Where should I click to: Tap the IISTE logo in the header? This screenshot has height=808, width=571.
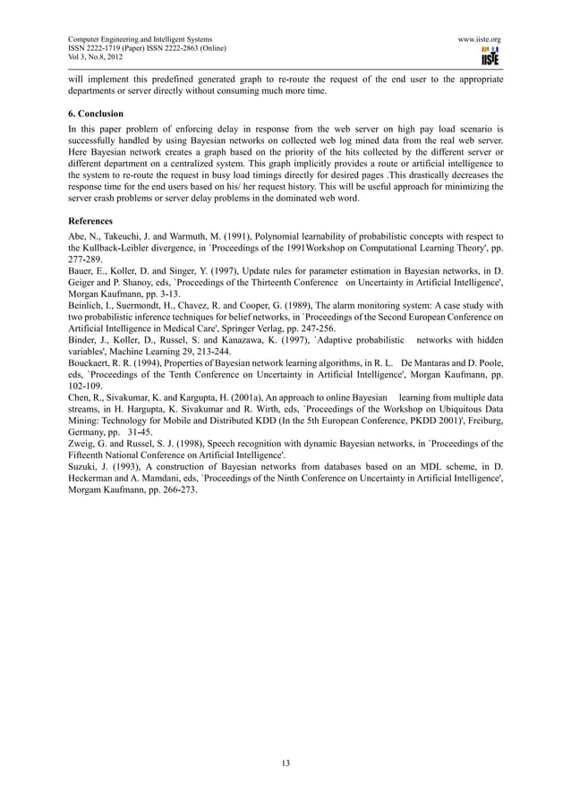490,56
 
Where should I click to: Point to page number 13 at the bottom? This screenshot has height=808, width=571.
285,762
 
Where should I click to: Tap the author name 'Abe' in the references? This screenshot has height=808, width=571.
77,236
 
